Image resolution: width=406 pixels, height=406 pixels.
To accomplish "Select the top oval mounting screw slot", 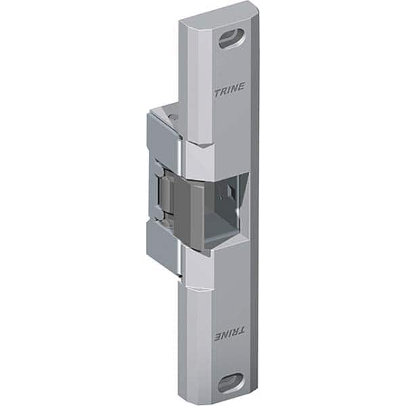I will pos(229,39).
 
